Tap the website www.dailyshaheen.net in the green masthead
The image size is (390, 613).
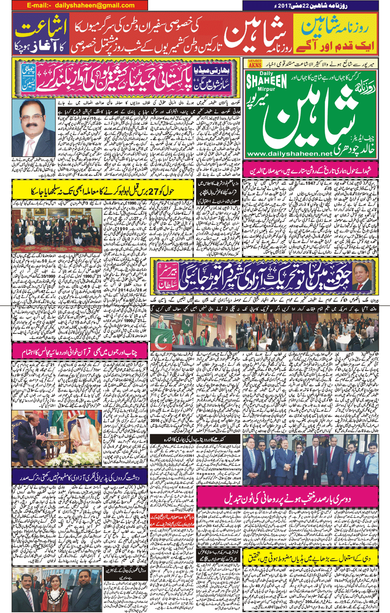point(289,154)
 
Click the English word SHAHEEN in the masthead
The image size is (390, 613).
point(266,81)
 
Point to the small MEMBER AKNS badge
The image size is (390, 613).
point(255,63)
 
